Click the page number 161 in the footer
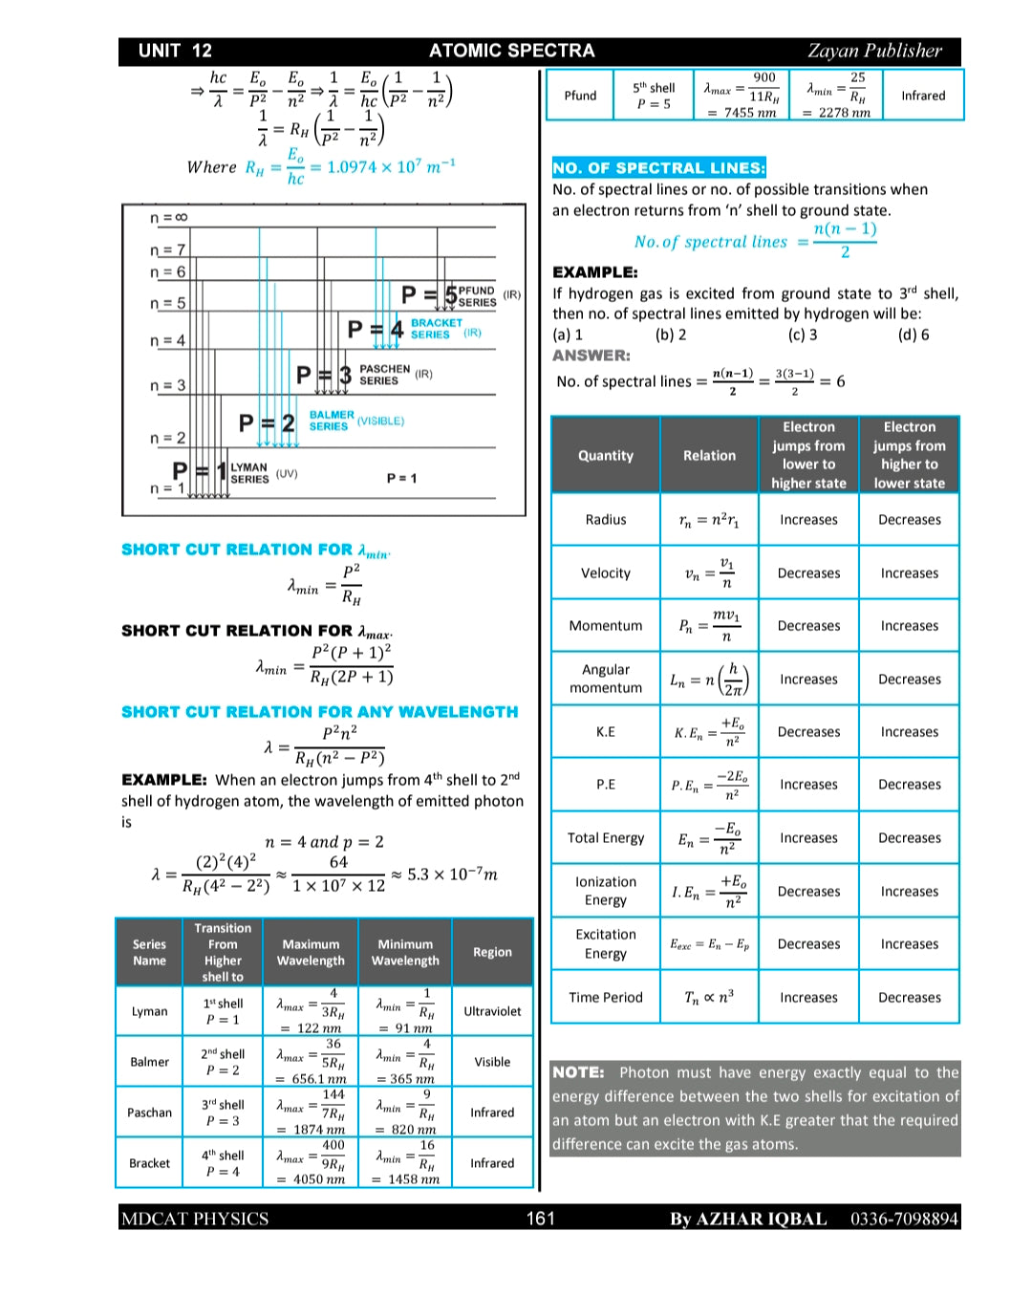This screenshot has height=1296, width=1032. [540, 1218]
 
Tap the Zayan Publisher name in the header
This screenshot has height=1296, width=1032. [873, 51]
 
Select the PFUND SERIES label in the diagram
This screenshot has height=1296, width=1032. [477, 296]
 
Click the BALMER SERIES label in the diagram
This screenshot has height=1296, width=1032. [332, 421]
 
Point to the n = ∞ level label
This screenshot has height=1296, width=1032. [168, 218]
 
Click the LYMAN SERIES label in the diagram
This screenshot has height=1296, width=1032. [249, 473]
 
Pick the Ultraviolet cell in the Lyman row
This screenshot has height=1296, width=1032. [492, 1011]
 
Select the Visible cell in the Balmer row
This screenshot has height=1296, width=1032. [492, 1062]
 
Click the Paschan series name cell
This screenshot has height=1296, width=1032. [149, 1112]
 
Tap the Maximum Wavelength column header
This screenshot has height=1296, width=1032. [311, 952]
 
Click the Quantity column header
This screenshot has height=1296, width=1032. [605, 456]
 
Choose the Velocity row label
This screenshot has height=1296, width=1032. [605, 573]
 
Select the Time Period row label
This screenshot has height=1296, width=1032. [605, 997]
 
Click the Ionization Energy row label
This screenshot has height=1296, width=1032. [605, 891]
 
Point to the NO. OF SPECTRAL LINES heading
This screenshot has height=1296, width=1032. [658, 168]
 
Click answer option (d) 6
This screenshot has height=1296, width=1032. [913, 335]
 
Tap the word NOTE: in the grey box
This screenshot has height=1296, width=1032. [578, 1072]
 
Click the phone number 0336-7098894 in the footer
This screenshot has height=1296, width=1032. [903, 1219]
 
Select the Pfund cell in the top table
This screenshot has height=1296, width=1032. [579, 96]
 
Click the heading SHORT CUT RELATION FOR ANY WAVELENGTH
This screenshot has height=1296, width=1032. [319, 712]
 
